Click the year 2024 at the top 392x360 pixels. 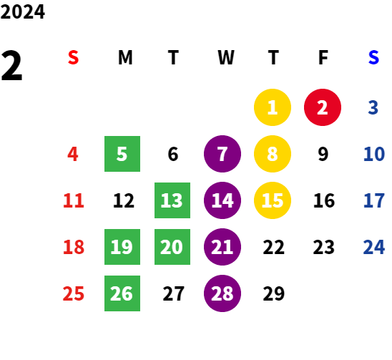point(22,11)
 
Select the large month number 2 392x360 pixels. point(11,66)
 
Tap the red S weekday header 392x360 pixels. point(73,57)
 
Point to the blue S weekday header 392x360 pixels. point(373,57)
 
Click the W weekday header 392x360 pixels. point(226,57)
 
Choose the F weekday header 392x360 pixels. point(323,57)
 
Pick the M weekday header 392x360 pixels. point(125,57)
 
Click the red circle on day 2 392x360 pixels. point(323,107)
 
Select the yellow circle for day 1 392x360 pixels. point(273,107)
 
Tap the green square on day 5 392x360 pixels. point(122,154)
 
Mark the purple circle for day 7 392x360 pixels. point(222,154)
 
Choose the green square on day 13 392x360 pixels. point(172,200)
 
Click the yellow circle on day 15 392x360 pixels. point(273,200)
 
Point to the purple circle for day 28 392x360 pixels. point(222,293)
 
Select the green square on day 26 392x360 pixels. point(122,293)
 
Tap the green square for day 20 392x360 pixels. point(172,247)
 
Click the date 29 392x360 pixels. point(274,293)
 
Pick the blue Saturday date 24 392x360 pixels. point(374,247)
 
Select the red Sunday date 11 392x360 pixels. point(74,200)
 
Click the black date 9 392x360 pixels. point(323,154)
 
